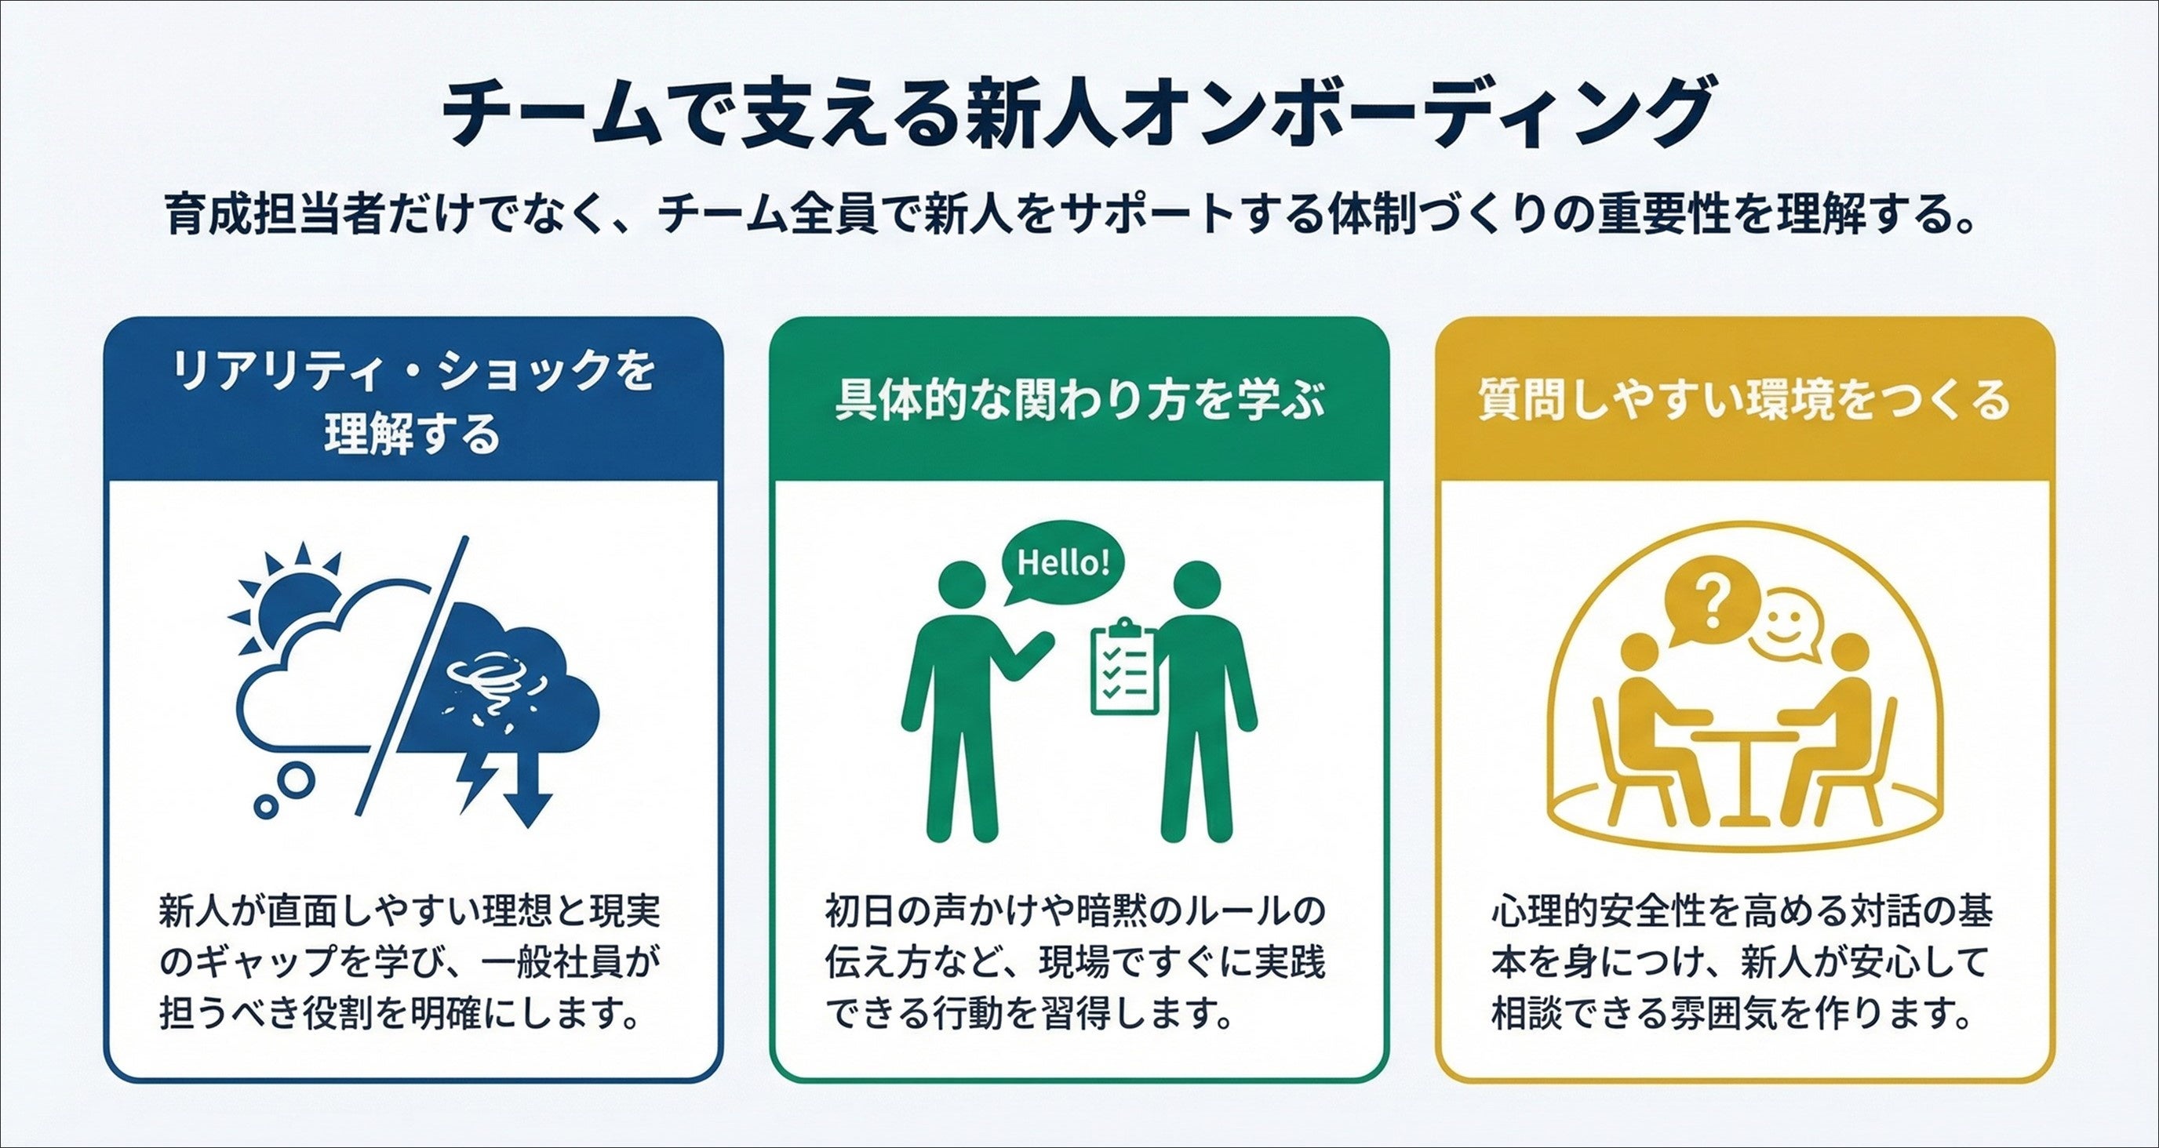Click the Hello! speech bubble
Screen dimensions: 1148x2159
pyautogui.click(x=1063, y=562)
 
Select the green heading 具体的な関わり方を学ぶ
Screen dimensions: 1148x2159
pyautogui.click(x=1079, y=400)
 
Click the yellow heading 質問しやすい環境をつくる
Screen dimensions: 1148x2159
pyautogui.click(x=1745, y=400)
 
